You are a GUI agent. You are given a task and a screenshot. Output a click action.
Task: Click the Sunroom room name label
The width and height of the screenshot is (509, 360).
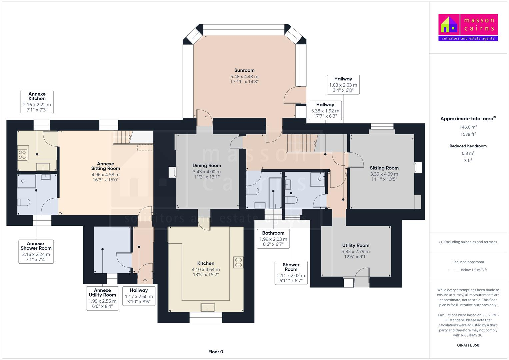tap(244, 70)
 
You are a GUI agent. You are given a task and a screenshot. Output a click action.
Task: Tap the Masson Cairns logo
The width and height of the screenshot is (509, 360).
tap(468, 27)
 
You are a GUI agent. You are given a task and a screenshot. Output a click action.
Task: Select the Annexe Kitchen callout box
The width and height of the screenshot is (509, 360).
tap(37, 102)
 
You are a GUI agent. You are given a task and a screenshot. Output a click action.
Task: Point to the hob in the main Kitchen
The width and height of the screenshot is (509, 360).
tap(238, 262)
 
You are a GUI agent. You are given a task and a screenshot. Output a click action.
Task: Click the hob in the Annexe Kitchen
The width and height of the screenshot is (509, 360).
tap(22, 155)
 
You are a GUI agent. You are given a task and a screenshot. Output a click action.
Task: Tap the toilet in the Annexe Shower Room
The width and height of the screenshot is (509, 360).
tap(24, 202)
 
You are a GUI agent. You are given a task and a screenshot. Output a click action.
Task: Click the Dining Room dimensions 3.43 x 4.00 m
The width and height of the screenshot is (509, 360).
tap(207, 172)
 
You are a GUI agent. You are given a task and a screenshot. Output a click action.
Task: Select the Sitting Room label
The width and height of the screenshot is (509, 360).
tap(384, 168)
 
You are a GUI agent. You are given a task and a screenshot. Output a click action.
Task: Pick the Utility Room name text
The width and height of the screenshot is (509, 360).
tap(356, 245)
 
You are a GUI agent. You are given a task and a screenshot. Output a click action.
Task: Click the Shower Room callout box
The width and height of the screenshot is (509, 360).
tap(291, 273)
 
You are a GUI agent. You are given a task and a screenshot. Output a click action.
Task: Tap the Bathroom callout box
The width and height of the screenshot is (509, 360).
tap(273, 239)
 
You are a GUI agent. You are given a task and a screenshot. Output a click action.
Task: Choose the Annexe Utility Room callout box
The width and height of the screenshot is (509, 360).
tap(102, 298)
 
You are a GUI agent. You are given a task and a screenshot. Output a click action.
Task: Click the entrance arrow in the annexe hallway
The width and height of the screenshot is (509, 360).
tap(145, 281)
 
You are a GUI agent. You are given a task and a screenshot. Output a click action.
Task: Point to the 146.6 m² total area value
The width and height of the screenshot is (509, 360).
tap(468, 127)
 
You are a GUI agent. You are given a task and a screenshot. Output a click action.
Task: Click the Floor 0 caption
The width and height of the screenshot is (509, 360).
tap(216, 352)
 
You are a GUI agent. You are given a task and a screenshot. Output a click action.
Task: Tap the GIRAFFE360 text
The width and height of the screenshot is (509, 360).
tap(468, 345)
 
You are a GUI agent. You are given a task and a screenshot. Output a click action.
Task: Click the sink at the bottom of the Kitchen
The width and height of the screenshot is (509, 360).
tap(208, 307)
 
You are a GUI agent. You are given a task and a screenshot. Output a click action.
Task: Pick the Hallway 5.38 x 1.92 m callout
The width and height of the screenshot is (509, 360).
tap(325, 110)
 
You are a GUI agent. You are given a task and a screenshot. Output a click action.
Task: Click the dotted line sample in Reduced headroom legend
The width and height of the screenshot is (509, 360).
tap(454, 270)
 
